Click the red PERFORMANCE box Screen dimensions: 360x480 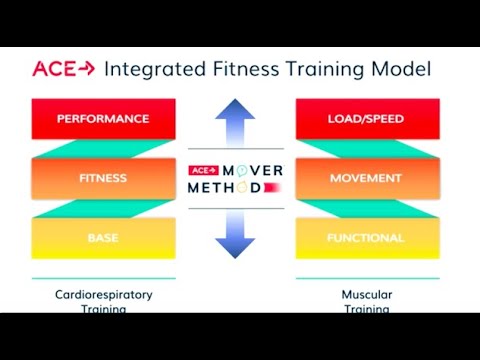pyautogui.click(x=103, y=119)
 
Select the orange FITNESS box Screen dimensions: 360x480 pyautogui.click(x=103, y=178)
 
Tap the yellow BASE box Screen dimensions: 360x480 pyautogui.click(x=103, y=238)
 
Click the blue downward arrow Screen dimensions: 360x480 pyautogui.click(x=236, y=232)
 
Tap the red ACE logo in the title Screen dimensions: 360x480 pyautogui.click(x=62, y=69)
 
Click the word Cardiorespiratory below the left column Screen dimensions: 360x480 pyautogui.click(x=103, y=295)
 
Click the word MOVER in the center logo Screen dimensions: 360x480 pyautogui.click(x=251, y=168)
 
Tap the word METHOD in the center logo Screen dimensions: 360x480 pyautogui.click(x=228, y=187)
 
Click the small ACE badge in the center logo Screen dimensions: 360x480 pyautogui.click(x=202, y=168)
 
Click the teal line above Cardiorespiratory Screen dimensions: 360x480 pyautogui.click(x=103, y=278)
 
